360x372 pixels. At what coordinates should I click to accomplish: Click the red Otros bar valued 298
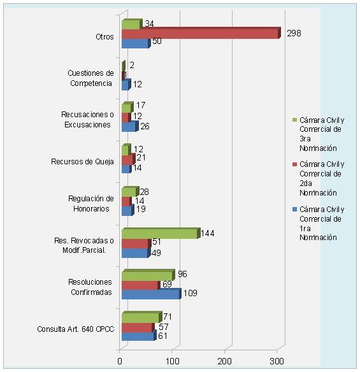pos(201,32)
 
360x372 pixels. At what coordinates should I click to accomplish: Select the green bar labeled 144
pos(161,233)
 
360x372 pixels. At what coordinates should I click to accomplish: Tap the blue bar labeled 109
pos(152,294)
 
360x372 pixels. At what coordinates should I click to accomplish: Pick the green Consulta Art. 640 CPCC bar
pos(142,317)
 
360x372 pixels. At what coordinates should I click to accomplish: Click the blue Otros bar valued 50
pos(136,43)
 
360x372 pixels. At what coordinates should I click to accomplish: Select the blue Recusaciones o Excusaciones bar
pos(130,126)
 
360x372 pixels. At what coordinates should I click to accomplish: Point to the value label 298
pos(294,33)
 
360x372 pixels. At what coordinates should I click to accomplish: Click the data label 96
pos(182,274)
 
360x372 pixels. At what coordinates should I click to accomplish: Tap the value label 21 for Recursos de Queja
pos(141,157)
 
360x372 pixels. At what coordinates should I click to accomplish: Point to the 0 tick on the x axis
pos(120,361)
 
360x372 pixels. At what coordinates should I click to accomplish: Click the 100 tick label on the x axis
pos(172,361)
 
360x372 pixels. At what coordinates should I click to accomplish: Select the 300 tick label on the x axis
pos(277,361)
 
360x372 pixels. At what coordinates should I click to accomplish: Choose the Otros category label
pos(104,37)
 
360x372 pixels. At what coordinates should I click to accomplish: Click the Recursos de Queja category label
pos(82,162)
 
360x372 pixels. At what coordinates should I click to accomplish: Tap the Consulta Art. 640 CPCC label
pos(75,329)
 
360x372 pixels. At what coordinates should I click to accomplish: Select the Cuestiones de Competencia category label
pos(90,78)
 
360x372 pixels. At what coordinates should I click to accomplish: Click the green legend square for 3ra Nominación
pos(294,120)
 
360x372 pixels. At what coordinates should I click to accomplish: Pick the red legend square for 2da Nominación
pos(294,164)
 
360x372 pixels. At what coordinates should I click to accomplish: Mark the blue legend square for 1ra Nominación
pos(294,209)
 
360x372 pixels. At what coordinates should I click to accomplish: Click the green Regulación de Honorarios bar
pos(130,192)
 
